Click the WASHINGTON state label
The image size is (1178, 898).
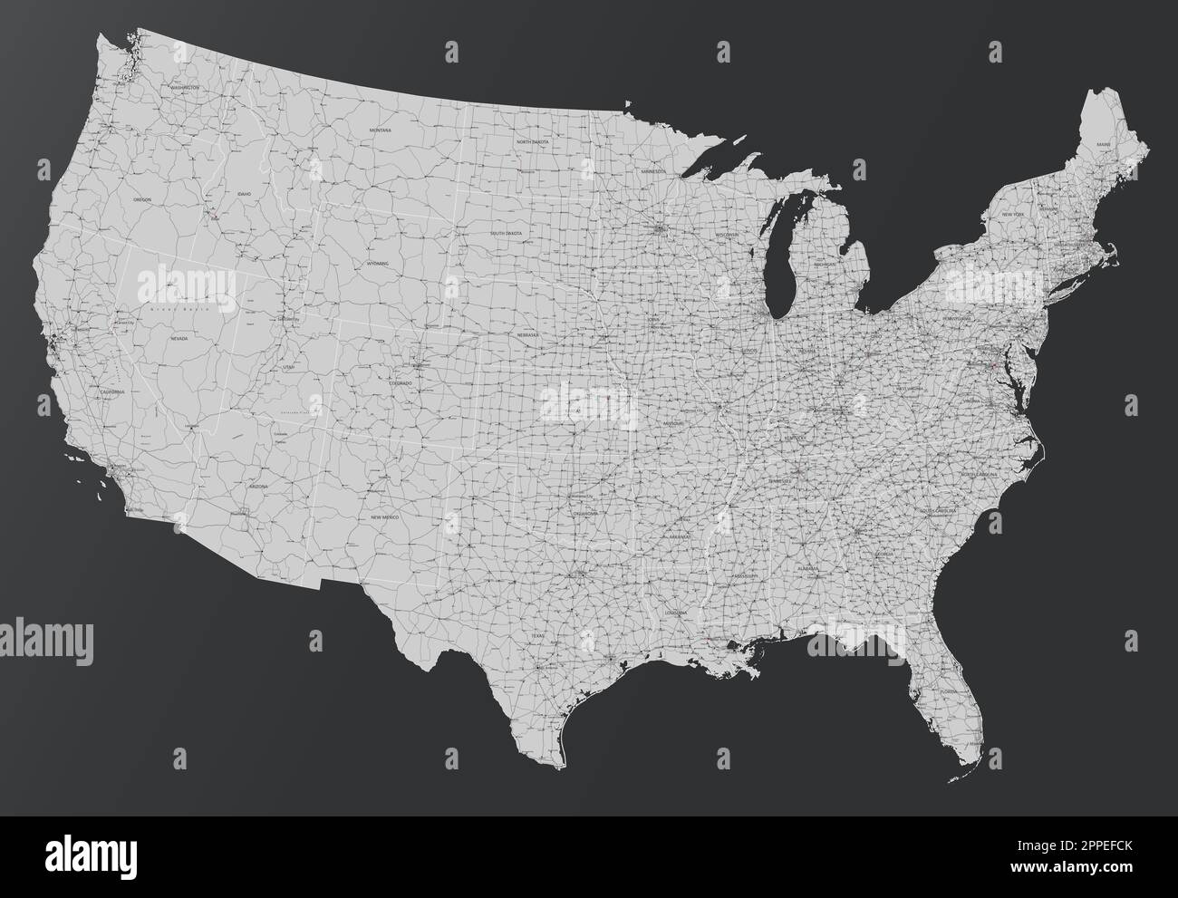184,88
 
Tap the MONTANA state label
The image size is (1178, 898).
381,130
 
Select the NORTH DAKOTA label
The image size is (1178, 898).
533,142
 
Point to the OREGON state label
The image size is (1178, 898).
142,198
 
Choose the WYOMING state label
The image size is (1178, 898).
377,263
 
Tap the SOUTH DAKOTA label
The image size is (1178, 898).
507,233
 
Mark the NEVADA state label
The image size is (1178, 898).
179,337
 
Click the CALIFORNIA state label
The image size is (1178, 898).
112,391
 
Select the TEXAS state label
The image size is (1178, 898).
536,635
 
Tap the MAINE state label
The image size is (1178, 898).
1103,144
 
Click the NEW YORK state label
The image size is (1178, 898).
1012,214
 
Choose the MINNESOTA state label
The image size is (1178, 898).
652,171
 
